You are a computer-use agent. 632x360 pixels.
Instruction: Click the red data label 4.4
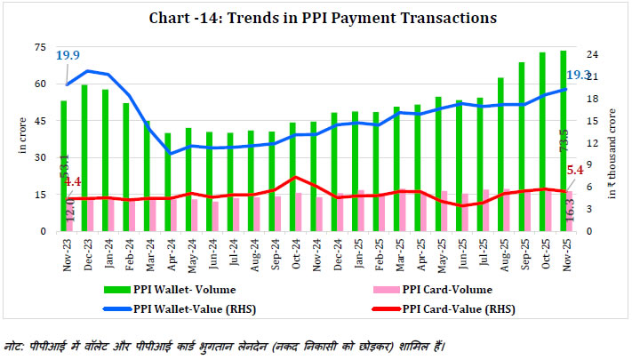(x=74, y=182)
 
